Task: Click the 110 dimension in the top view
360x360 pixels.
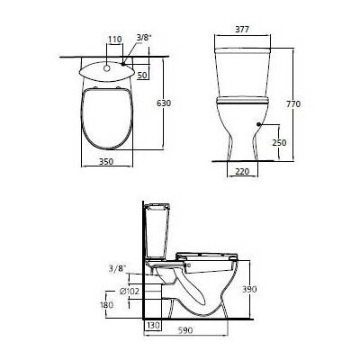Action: [113, 40]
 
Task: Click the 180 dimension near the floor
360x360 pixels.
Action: [108, 306]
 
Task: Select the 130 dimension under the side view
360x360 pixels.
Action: [153, 325]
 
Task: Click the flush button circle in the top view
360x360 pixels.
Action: [106, 67]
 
